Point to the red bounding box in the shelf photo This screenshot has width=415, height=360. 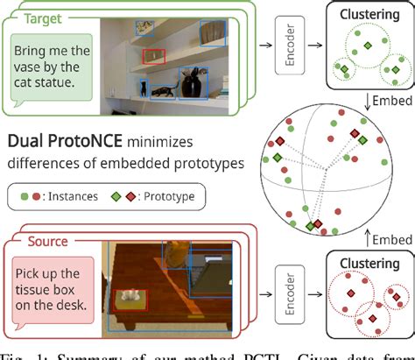pos(154,56)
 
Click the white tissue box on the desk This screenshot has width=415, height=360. pos(134,299)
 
